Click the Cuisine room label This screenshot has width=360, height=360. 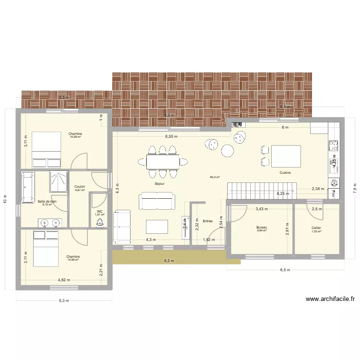click(285, 172)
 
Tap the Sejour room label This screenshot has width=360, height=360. click(160, 183)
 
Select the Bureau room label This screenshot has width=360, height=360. click(262, 228)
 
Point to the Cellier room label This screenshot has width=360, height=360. click(316, 228)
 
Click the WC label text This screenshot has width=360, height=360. click(100, 211)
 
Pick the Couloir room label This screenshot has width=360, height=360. click(80, 187)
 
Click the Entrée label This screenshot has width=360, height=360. click(208, 221)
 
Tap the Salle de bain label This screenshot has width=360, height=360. click(47, 201)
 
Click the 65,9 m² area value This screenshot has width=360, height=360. click(215, 177)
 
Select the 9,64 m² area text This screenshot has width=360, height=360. click(262, 231)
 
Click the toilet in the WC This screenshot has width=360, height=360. click(100, 222)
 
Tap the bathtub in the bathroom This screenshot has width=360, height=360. click(26, 187)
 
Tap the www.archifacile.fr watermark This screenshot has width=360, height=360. click(330, 299)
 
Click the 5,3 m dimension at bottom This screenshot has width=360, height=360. click(64, 301)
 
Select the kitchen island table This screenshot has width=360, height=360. click(286, 156)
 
